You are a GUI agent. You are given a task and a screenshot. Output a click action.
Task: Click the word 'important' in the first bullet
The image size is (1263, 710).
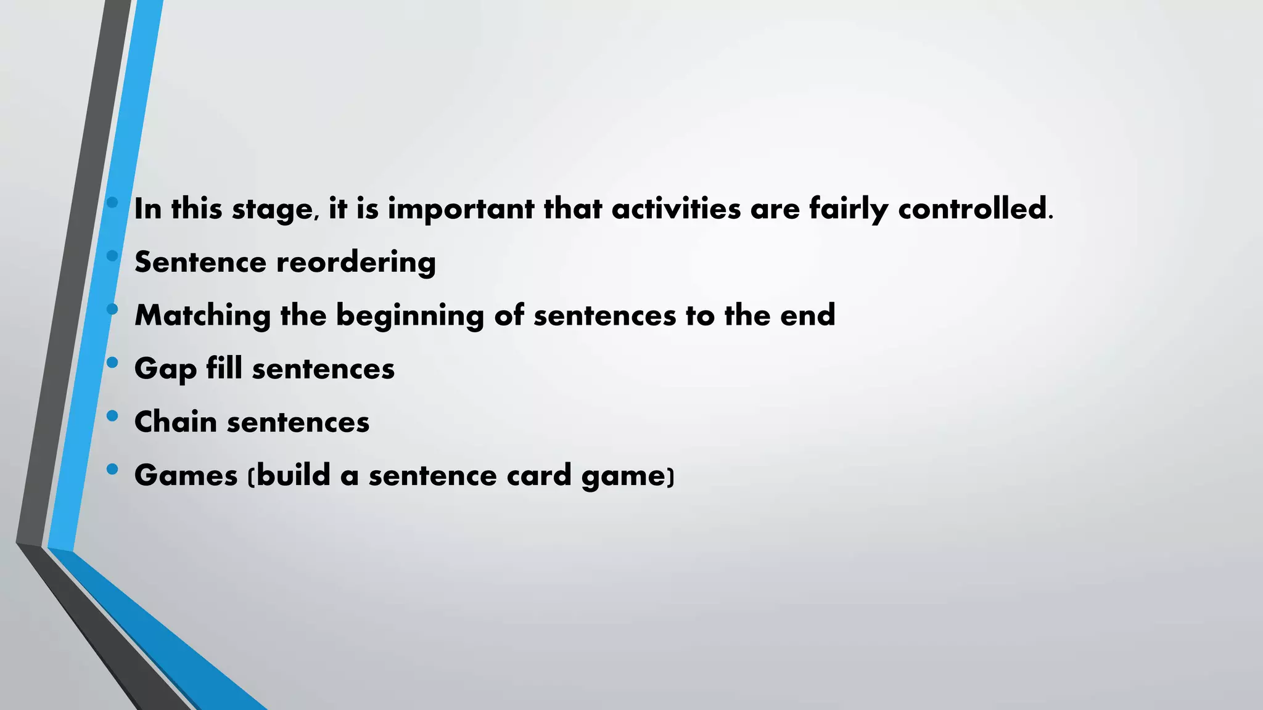point(461,210)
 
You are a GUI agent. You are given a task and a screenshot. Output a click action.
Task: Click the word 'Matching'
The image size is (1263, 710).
point(202,316)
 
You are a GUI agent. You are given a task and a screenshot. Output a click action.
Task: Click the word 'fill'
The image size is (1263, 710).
point(224,369)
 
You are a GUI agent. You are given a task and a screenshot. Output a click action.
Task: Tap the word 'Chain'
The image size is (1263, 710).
point(176,422)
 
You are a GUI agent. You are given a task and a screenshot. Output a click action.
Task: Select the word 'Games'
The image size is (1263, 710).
point(186,475)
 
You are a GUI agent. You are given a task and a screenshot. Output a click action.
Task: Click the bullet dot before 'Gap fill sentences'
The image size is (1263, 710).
point(112,362)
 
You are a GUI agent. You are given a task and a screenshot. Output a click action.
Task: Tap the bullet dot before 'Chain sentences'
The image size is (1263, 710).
point(112,416)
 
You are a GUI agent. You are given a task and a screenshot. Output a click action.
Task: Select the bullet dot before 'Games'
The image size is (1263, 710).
point(112,469)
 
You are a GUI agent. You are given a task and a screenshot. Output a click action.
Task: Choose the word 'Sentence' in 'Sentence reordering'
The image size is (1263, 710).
point(200,263)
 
